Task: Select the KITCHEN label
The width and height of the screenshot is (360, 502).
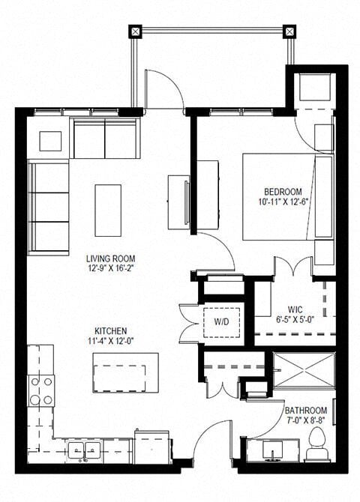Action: pyautogui.click(x=110, y=330)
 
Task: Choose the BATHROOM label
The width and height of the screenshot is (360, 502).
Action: pyautogui.click(x=305, y=411)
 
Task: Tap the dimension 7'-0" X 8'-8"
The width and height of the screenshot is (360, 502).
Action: pyautogui.click(x=305, y=422)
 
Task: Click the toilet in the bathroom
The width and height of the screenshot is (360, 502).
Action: pyautogui.click(x=315, y=444)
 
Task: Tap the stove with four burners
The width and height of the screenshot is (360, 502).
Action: pyautogui.click(x=41, y=390)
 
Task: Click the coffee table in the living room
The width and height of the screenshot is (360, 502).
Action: pyautogui.click(x=108, y=200)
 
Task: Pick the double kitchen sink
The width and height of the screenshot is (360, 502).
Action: pyautogui.click(x=86, y=450)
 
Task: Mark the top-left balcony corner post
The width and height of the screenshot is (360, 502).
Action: pyautogui.click(x=135, y=31)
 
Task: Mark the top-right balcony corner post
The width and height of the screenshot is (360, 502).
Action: pyautogui.click(x=289, y=31)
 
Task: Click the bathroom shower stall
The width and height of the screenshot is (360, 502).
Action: pyautogui.click(x=303, y=369)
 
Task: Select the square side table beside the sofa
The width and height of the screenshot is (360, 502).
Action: pyautogui.click(x=50, y=140)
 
